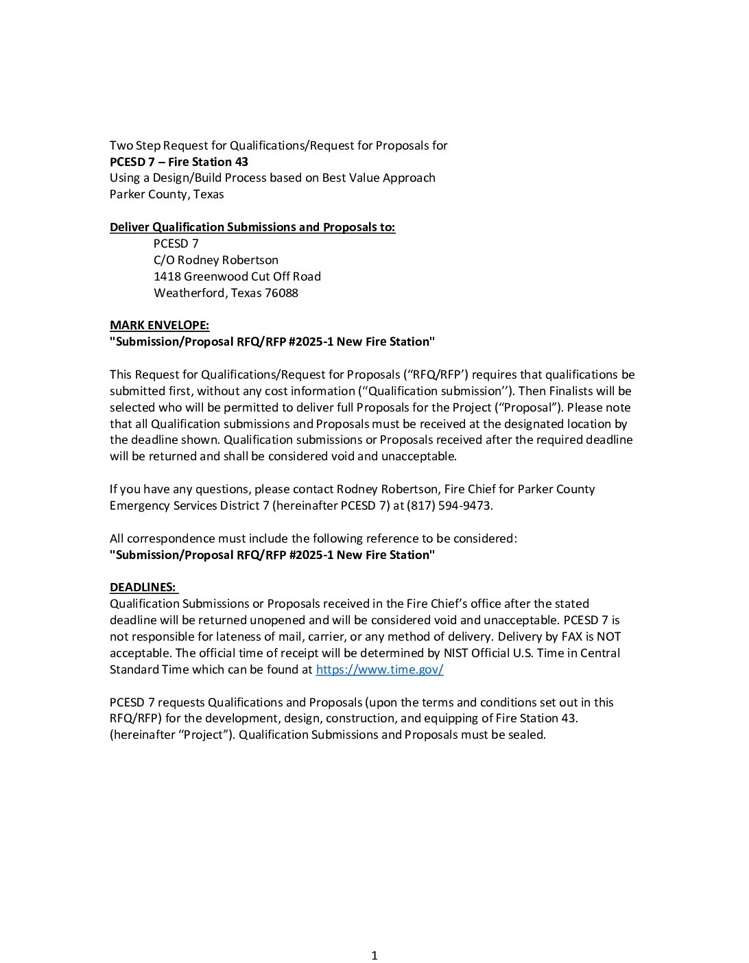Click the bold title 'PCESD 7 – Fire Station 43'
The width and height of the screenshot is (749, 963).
coord(179,162)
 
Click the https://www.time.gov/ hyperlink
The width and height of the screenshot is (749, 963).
coord(379,669)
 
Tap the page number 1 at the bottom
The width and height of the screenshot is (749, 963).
coord(374,955)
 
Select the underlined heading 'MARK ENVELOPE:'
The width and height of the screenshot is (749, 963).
coord(159,325)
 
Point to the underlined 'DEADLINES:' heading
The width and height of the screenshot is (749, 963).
coord(143,587)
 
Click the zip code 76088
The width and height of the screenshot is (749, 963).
coord(281,293)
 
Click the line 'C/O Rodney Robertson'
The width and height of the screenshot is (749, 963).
coord(215,260)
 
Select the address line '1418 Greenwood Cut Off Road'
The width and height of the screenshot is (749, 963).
coord(237,276)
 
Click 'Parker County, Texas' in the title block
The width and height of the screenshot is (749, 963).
coord(167,194)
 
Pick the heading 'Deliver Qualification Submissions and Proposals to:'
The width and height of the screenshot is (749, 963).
coord(252,227)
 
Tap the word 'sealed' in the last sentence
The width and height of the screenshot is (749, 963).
coord(525,735)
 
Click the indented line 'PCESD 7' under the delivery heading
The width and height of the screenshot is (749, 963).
coord(176,243)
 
